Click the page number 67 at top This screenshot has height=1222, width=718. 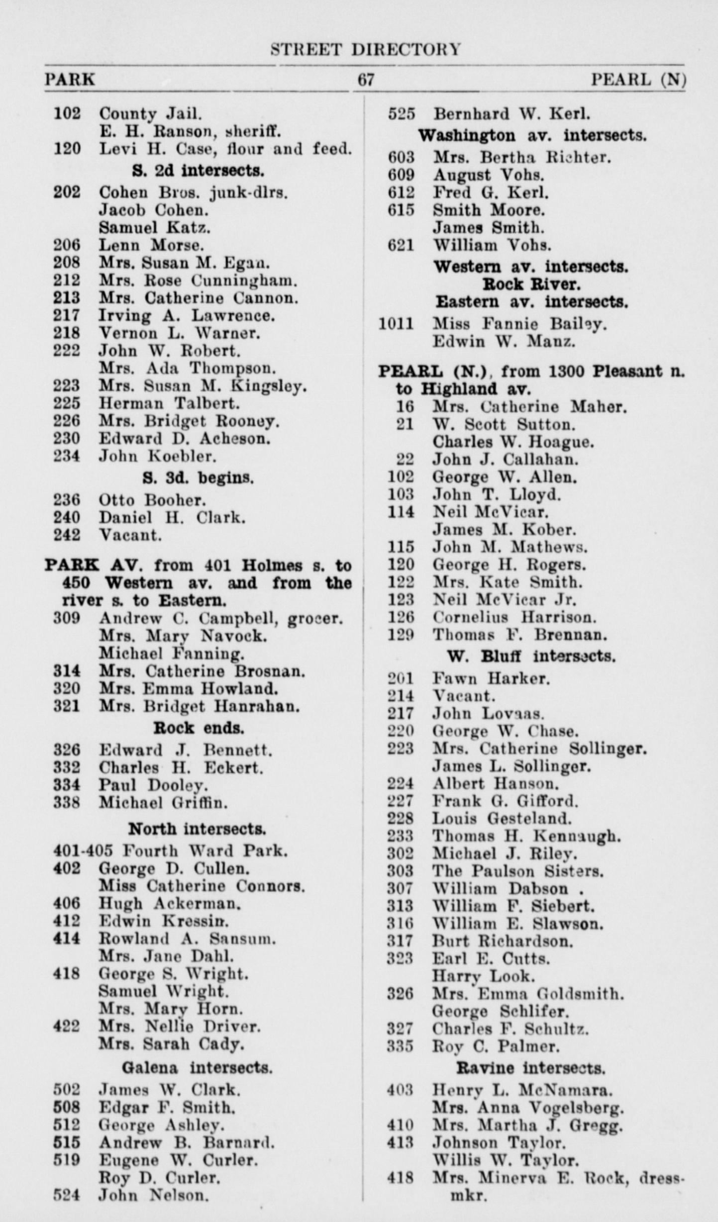(x=366, y=80)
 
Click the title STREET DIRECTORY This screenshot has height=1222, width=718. (x=365, y=50)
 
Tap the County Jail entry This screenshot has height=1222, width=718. (x=150, y=114)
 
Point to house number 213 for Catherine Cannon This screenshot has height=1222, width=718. (x=67, y=298)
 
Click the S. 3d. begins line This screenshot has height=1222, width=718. (x=198, y=478)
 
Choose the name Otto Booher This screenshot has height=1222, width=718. (x=152, y=500)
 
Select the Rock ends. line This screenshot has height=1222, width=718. (x=199, y=728)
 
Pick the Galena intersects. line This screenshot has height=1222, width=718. (x=197, y=1068)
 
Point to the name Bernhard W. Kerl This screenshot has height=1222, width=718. (x=512, y=114)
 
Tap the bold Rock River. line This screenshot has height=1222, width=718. (x=531, y=284)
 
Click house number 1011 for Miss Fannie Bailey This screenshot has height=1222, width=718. (x=396, y=324)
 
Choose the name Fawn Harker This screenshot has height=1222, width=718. (x=491, y=678)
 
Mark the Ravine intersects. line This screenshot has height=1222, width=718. (x=530, y=1068)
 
